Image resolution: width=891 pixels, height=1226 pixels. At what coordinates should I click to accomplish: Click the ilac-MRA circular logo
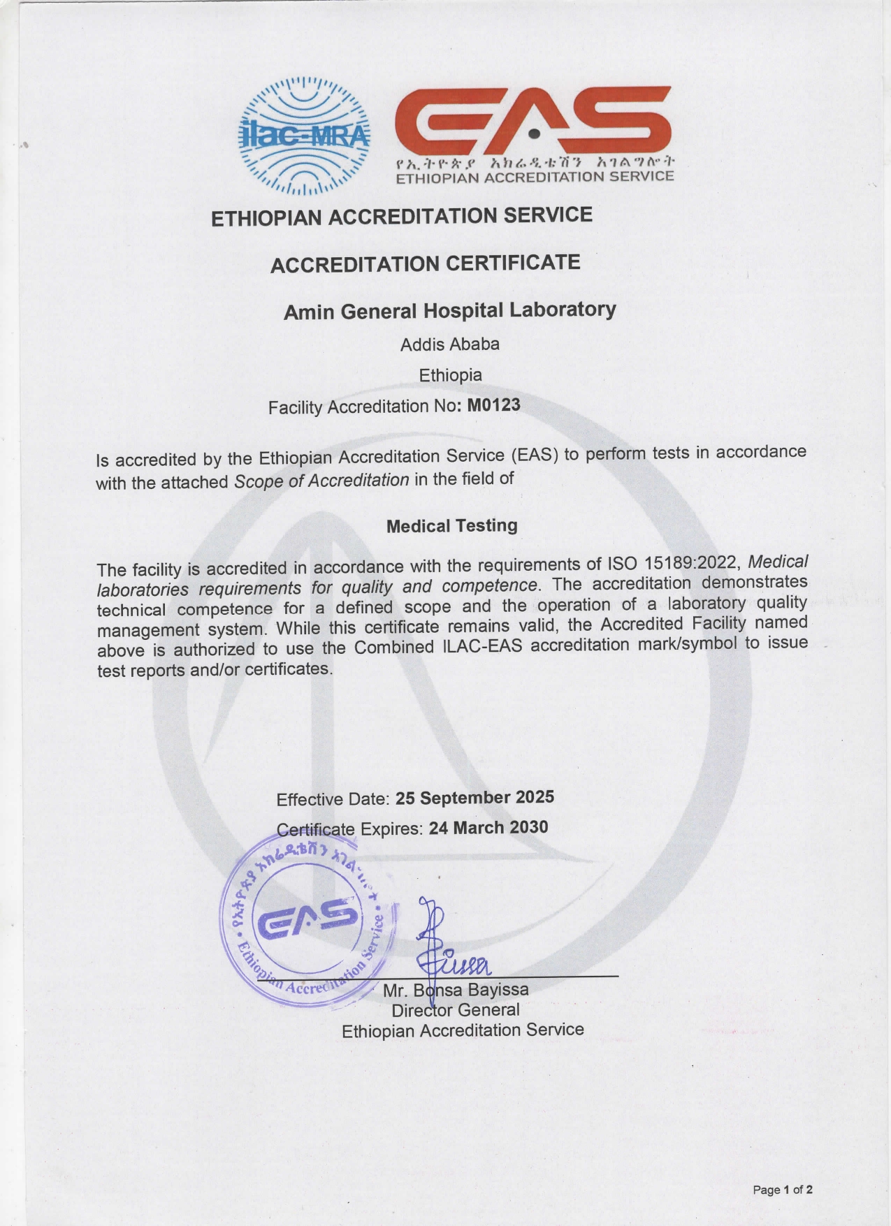click(x=304, y=134)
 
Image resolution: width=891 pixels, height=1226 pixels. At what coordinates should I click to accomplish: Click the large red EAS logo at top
click(x=533, y=124)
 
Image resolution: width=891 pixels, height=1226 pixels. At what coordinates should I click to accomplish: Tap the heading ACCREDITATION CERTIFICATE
click(x=425, y=263)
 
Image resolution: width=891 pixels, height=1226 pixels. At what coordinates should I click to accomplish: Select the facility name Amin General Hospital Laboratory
click(x=449, y=310)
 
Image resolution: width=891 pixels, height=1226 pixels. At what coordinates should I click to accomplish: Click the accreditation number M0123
click(x=493, y=405)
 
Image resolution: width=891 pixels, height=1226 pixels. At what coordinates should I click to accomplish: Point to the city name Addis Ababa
click(x=449, y=344)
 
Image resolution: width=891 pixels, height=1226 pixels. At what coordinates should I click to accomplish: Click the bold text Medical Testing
click(x=451, y=525)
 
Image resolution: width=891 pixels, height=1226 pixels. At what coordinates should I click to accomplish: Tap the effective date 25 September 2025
click(x=475, y=797)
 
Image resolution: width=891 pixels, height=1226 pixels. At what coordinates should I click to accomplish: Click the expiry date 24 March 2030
click(x=488, y=828)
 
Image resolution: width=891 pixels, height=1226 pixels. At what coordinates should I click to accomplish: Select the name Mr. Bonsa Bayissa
click(x=456, y=990)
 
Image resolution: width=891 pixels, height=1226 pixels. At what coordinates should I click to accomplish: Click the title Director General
click(x=455, y=1010)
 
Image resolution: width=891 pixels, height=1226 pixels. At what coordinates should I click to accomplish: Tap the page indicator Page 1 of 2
click(x=783, y=1190)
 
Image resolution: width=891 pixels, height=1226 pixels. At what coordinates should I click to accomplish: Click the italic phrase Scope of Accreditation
click(x=321, y=481)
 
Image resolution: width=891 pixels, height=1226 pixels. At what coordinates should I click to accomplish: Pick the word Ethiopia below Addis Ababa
click(x=450, y=375)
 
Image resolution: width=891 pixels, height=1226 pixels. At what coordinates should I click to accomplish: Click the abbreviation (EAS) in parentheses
click(x=535, y=455)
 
